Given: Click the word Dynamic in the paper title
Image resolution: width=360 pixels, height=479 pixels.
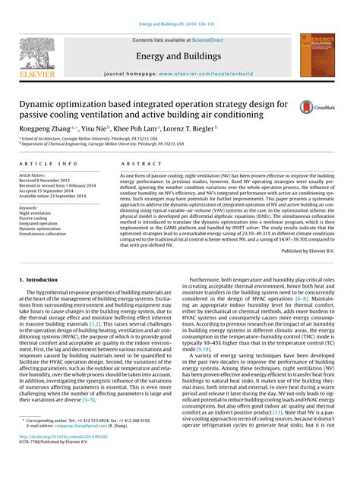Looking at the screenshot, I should coord(41,102).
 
